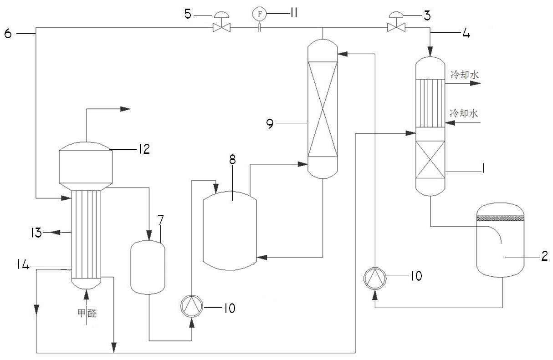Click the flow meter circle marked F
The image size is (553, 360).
(x=260, y=14)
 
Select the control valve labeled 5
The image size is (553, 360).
(x=222, y=22)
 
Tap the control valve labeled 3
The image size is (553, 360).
(x=396, y=22)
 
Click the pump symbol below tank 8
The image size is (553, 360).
(x=192, y=306)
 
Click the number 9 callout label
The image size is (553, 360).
(x=270, y=123)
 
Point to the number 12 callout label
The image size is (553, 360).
(x=144, y=149)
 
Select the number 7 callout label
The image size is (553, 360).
(x=161, y=220)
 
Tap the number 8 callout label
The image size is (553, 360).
(x=233, y=160)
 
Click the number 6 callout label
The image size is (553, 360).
(x=8, y=33)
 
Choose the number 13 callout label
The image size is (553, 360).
(x=36, y=233)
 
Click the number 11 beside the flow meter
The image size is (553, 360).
(x=294, y=13)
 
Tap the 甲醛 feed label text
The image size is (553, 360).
(x=87, y=313)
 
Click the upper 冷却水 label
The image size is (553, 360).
(x=465, y=75)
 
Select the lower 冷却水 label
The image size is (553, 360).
(x=464, y=113)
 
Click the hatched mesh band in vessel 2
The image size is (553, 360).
(x=500, y=218)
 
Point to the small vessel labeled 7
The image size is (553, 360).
(x=148, y=268)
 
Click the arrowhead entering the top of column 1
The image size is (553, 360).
(x=430, y=52)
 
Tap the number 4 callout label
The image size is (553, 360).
(x=466, y=33)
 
